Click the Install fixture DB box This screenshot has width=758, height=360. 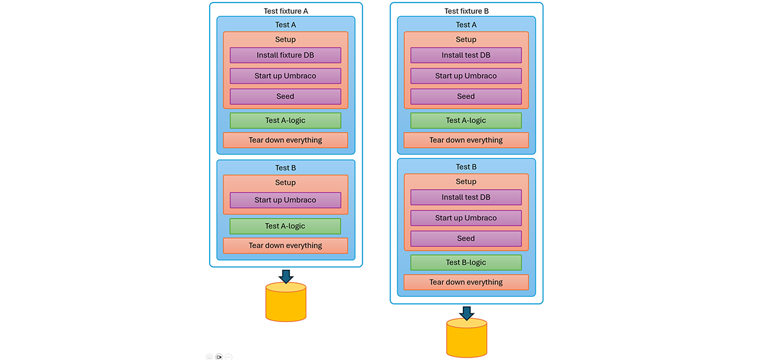point(285,56)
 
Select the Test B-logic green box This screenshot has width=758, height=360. point(466,263)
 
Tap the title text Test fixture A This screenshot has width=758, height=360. point(286,11)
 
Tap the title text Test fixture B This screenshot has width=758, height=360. point(466,11)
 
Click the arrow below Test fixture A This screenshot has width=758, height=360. point(286,277)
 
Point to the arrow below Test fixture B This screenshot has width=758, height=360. point(466,313)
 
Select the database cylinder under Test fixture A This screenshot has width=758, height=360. point(286,303)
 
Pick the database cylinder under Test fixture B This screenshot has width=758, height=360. point(466,339)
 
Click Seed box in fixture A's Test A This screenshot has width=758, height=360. point(285,97)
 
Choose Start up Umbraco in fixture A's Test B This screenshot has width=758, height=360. point(285,200)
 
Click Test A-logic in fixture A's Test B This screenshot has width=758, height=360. point(285,226)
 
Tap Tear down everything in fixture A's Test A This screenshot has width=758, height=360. point(285,140)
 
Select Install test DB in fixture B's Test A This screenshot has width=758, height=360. point(466,56)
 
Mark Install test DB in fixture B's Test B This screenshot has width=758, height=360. point(466,198)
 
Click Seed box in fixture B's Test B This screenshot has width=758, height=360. point(466,239)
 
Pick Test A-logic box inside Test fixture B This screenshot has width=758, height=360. point(466,121)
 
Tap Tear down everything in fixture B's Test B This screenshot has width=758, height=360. point(466,282)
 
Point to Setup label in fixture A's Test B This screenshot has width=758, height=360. point(285,183)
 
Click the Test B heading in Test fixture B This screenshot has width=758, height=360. point(466,167)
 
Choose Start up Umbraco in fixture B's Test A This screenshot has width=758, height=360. point(466,76)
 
